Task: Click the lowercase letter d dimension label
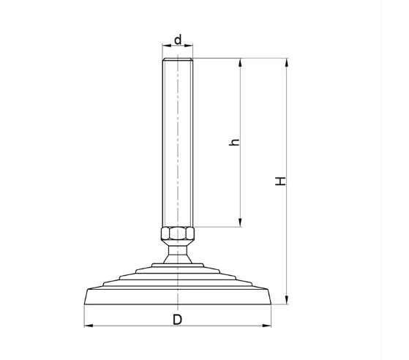coord(178,40)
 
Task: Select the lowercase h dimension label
coord(234,142)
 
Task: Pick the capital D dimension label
coord(177,320)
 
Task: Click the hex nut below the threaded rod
coord(178,233)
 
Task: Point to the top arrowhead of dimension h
coord(240,63)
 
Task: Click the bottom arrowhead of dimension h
coord(240,222)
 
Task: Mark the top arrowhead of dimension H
coord(287,63)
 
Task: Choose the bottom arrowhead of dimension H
coord(287,300)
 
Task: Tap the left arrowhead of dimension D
coord(89,326)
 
